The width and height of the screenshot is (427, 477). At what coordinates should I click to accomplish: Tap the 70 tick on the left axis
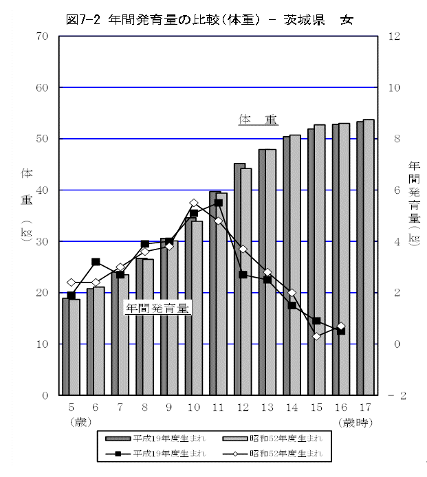(x=42, y=36)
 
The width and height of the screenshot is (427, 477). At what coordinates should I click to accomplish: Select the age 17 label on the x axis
(x=365, y=408)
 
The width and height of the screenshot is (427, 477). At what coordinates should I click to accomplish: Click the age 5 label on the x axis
(x=71, y=408)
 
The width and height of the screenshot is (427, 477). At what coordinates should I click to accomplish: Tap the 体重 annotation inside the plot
(x=258, y=120)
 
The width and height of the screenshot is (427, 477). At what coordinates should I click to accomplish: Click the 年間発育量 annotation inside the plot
(x=157, y=309)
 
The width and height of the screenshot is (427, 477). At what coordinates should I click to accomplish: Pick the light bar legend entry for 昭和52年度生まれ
(x=272, y=438)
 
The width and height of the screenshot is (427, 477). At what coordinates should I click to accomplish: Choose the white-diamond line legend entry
(x=272, y=453)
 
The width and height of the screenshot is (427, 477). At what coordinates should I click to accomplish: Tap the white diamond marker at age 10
(x=194, y=203)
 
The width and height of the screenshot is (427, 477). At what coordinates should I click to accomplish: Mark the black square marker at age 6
(x=96, y=262)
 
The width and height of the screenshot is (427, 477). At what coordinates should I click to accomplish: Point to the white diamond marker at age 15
(x=317, y=336)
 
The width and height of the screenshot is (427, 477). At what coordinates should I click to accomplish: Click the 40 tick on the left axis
(x=42, y=190)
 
